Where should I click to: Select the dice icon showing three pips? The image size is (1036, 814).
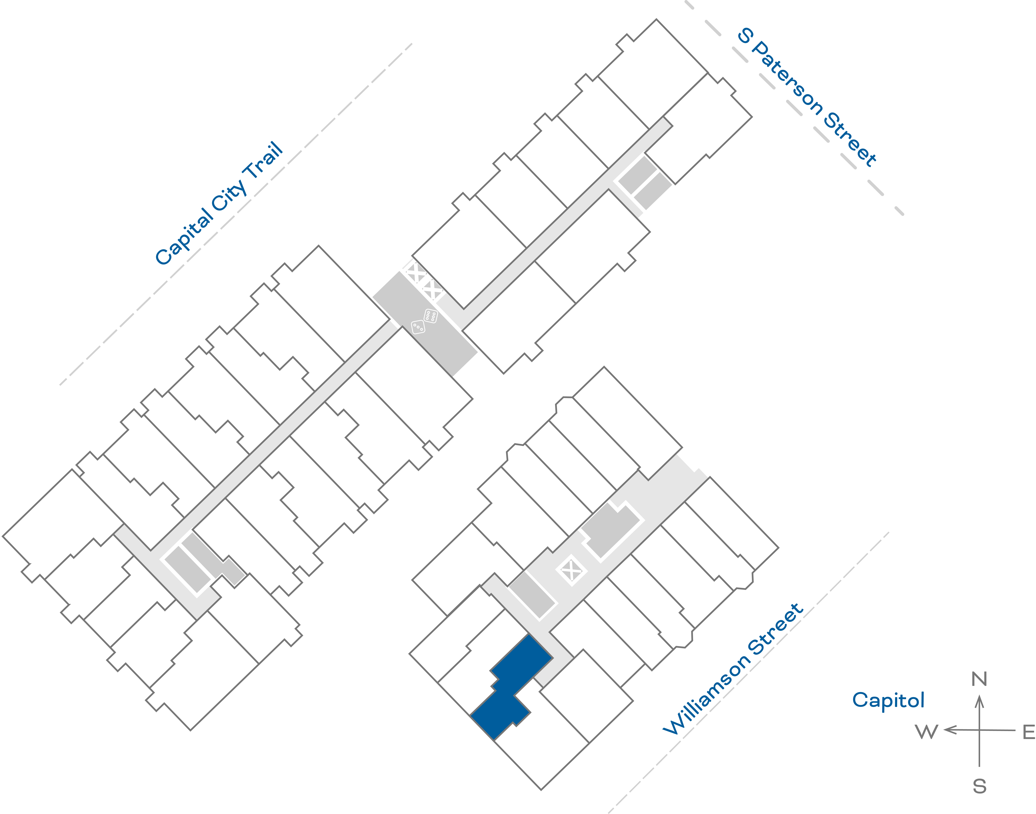point(418,327)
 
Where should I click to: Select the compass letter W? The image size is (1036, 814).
point(926,732)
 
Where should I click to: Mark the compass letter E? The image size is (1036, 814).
point(1029,732)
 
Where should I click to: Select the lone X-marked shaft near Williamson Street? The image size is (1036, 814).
point(571,569)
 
